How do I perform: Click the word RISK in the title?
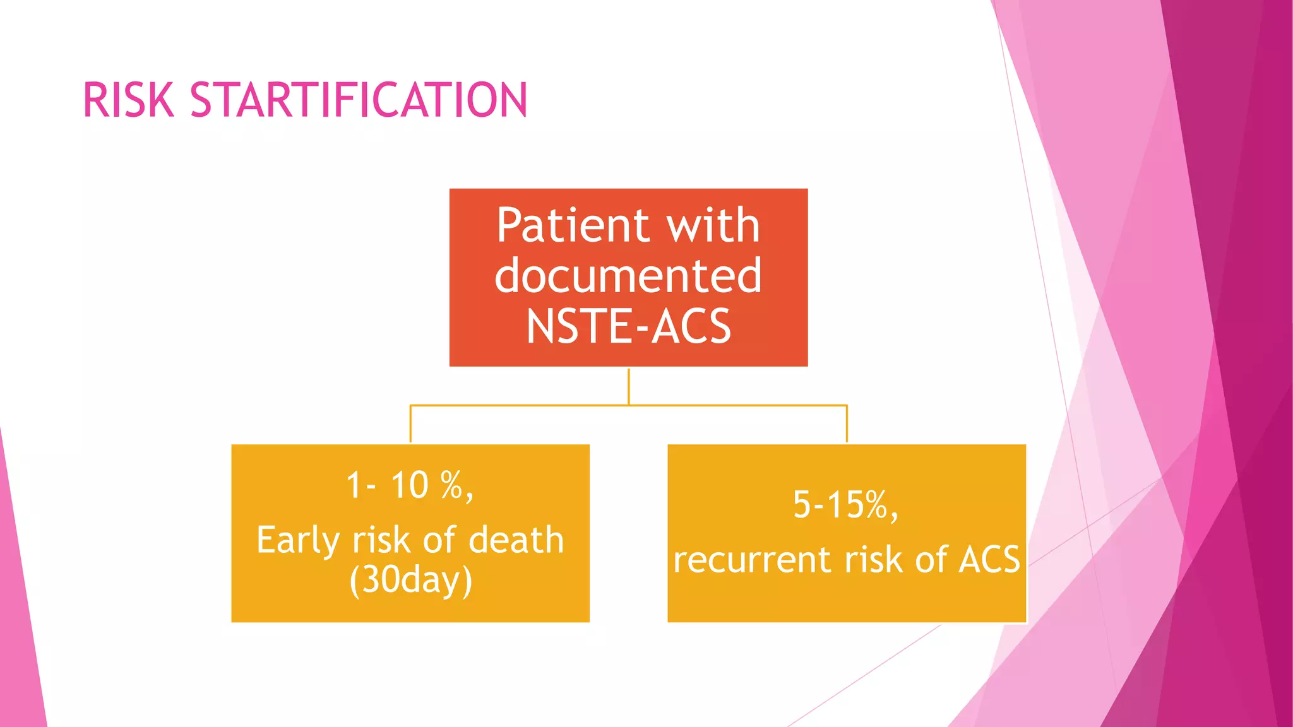point(128,100)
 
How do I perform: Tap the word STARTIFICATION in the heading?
point(358,100)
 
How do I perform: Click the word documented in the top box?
point(628,276)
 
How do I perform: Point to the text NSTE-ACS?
point(628,326)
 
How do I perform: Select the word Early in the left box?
point(298,541)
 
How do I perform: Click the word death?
point(516,541)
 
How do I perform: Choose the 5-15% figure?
point(845,505)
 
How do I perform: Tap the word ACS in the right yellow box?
point(989,560)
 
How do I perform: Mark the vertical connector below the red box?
point(629,386)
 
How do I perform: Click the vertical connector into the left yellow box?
point(410,424)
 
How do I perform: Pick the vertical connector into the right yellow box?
point(847,424)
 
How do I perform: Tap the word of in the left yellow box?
point(440,541)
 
